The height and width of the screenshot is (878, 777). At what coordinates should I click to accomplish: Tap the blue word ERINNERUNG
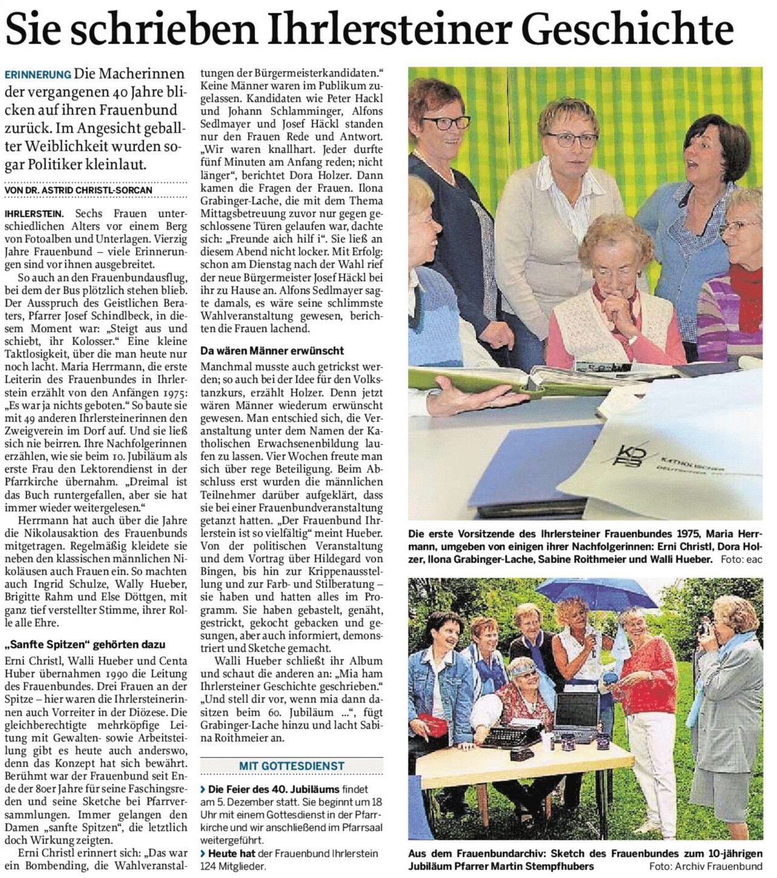pyautogui.click(x=38, y=75)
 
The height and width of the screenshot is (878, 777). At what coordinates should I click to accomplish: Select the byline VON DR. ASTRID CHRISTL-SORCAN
pyautogui.click(x=78, y=190)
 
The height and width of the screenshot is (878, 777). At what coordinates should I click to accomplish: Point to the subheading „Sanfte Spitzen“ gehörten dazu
pyautogui.click(x=84, y=644)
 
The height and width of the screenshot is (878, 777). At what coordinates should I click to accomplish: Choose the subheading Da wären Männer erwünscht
pyautogui.click(x=272, y=351)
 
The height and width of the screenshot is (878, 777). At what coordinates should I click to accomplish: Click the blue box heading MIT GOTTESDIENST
pyautogui.click(x=292, y=766)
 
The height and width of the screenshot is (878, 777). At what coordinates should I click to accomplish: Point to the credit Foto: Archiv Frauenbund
pyautogui.click(x=705, y=866)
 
